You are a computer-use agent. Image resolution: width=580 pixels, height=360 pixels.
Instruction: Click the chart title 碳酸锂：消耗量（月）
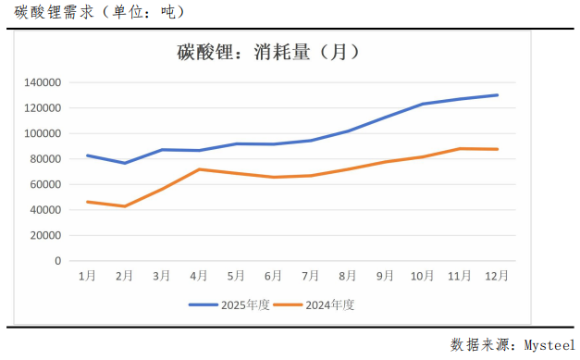[x=268, y=53]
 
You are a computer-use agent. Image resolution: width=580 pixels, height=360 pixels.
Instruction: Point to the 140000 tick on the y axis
[x=43, y=82]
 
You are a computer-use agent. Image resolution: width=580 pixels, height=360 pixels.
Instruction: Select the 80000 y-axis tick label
[x=46, y=159]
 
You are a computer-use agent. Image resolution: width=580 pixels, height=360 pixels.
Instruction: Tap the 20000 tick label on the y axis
[x=46, y=235]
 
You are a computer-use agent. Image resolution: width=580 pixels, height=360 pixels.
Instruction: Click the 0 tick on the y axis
[x=57, y=261]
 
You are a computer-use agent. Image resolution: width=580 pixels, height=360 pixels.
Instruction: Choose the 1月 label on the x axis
[x=87, y=275]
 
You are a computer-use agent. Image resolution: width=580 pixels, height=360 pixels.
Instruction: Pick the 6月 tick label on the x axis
[x=273, y=275]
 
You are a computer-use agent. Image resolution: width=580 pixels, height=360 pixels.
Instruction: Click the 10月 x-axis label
[x=422, y=275]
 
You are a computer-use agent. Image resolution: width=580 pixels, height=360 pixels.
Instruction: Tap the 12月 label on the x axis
[x=497, y=275]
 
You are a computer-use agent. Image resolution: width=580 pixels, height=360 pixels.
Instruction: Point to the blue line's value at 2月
[x=124, y=163]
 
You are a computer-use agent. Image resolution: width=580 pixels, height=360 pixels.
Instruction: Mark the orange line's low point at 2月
[x=124, y=206]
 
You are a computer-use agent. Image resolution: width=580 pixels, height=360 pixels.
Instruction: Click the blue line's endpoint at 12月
[x=497, y=94]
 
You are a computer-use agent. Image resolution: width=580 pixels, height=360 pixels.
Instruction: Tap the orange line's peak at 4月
[x=199, y=169]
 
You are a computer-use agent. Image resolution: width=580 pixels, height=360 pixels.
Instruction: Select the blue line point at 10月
[x=422, y=104]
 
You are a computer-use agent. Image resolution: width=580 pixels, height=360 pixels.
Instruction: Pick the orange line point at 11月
[x=460, y=148]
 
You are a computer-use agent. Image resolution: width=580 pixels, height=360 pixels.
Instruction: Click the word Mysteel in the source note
[x=549, y=344]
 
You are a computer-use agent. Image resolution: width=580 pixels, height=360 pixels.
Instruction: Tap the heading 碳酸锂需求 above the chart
[x=51, y=12]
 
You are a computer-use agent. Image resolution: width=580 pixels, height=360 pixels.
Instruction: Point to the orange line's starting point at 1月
[x=87, y=202]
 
